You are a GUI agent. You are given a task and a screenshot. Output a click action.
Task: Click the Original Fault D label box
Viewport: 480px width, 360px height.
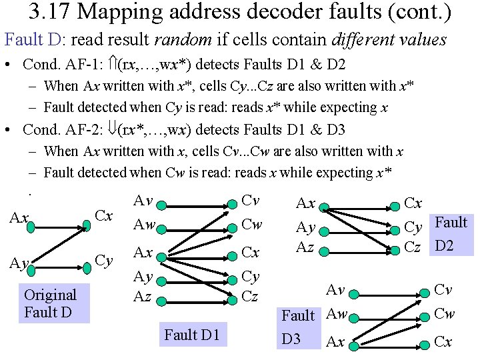point(50,303)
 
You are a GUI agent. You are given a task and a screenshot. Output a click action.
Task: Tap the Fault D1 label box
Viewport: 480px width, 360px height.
point(191,334)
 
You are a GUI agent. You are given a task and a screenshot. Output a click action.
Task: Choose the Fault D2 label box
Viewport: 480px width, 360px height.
point(451,234)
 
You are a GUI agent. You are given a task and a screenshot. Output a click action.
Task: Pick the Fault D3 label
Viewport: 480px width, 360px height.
point(297,327)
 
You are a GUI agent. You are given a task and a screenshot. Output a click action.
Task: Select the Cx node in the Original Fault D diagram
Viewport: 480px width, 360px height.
point(104,216)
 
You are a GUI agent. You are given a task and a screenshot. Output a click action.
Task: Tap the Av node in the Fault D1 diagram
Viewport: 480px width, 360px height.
point(143,200)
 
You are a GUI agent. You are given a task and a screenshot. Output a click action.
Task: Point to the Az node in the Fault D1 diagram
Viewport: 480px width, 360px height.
point(142,297)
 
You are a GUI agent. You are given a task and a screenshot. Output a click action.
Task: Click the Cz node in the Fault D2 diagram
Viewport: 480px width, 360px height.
point(413,247)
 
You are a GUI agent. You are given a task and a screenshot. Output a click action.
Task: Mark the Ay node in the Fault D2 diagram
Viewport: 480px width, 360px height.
point(305,227)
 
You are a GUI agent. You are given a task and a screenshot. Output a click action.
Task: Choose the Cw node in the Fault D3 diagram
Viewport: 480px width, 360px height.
point(443,313)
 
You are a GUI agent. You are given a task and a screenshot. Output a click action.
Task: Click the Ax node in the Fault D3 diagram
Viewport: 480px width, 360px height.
point(335,342)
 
